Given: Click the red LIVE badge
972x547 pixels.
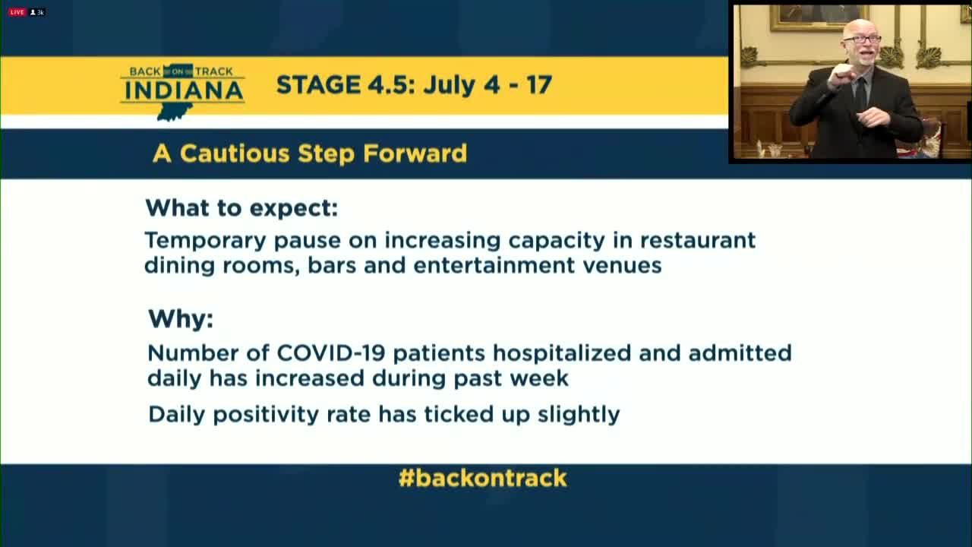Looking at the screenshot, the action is pos(17,12).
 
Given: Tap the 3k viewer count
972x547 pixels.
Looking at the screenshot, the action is pos(37,12).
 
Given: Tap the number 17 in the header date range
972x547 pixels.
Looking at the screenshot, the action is pos(539,84).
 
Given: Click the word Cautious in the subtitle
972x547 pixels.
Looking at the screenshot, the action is pos(235,153).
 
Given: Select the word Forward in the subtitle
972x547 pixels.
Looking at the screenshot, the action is pos(415,153).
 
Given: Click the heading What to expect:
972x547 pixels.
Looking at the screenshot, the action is pos(241,208).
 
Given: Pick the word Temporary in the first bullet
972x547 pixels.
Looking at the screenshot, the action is pos(205,242).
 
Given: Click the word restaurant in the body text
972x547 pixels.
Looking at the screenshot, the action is pos(698,241).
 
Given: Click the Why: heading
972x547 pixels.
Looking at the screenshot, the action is pos(181,320).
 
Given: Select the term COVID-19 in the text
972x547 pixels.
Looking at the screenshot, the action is pos(331,353).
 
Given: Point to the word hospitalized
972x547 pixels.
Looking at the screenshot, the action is pos(562,354).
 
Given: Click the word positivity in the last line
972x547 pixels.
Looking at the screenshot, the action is pos(266,415).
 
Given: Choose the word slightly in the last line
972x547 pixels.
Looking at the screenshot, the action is pos(579,415).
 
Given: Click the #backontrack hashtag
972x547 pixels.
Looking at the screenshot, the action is pos(482,478).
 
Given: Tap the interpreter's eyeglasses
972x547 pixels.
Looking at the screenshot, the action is pos(862,40).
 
